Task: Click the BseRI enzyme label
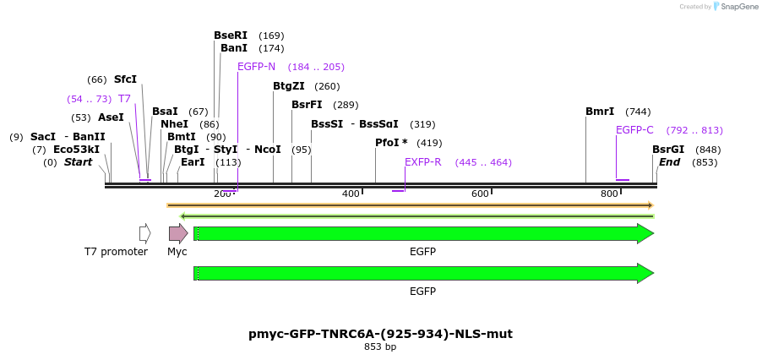click(x=231, y=35)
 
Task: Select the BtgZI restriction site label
click(x=289, y=86)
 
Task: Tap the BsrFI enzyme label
click(x=307, y=105)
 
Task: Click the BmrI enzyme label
click(x=600, y=112)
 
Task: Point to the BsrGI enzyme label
click(x=668, y=150)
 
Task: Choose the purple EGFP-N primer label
click(x=256, y=67)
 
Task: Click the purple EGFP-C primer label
click(x=634, y=130)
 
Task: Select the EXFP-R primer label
click(x=422, y=162)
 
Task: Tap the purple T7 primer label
click(x=124, y=99)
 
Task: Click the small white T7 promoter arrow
click(x=145, y=233)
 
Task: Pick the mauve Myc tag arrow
click(x=178, y=233)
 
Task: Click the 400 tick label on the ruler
click(x=351, y=194)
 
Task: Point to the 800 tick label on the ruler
click(x=609, y=194)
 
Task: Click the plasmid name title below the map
click(x=380, y=334)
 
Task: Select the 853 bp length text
click(x=380, y=346)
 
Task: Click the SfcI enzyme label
click(x=125, y=79)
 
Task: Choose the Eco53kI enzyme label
click(x=76, y=150)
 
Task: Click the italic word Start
click(x=78, y=162)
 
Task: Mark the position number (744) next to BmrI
click(x=638, y=112)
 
